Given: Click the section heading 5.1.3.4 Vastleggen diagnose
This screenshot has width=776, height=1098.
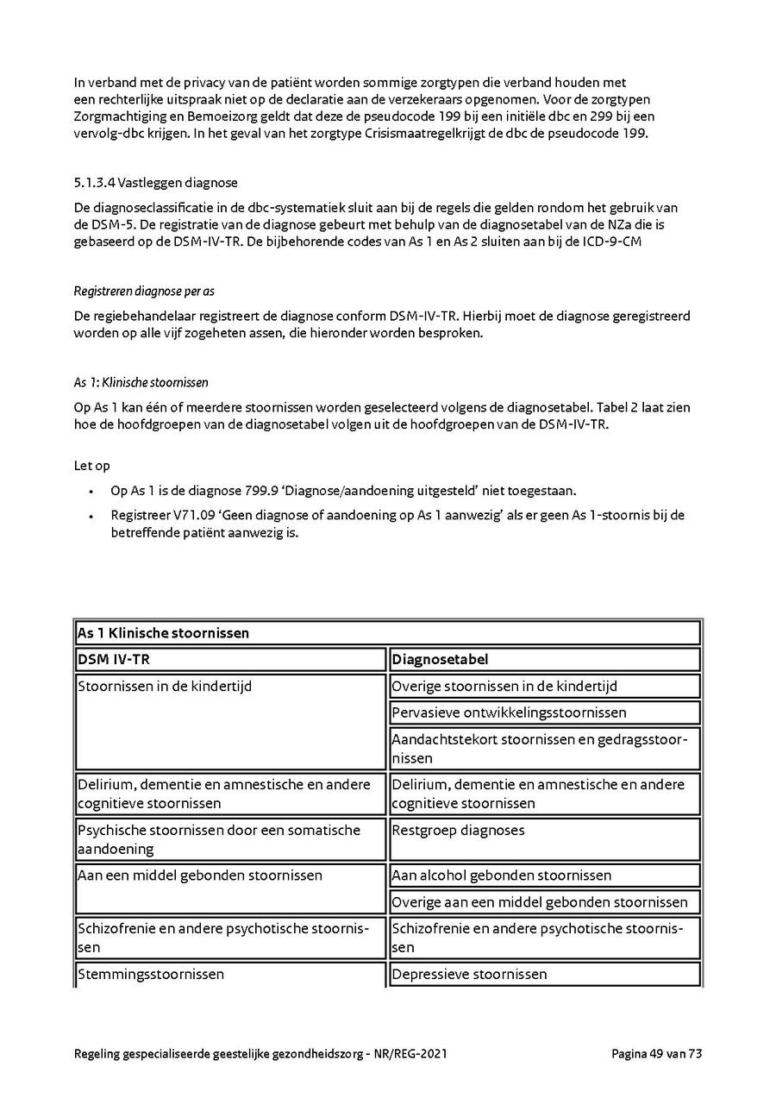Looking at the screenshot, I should (x=155, y=183).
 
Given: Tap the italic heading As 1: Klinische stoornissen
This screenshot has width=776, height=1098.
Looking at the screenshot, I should (x=141, y=382).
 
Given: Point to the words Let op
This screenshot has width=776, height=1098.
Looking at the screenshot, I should (x=92, y=466).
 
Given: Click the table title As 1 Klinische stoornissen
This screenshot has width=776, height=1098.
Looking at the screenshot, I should (x=164, y=633).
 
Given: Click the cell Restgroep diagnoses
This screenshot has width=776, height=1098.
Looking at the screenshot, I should (x=458, y=831).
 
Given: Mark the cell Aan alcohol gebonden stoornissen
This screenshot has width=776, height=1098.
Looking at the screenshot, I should (x=501, y=875).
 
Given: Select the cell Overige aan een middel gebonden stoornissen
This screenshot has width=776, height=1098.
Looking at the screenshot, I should (x=540, y=902).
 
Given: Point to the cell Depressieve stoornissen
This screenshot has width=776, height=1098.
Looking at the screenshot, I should (x=469, y=975).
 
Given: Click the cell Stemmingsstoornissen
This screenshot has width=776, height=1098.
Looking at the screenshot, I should (x=151, y=975).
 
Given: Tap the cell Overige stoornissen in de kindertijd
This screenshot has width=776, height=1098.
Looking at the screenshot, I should (x=504, y=687).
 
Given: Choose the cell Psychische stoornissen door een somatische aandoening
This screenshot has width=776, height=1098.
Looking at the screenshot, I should (x=219, y=839).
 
